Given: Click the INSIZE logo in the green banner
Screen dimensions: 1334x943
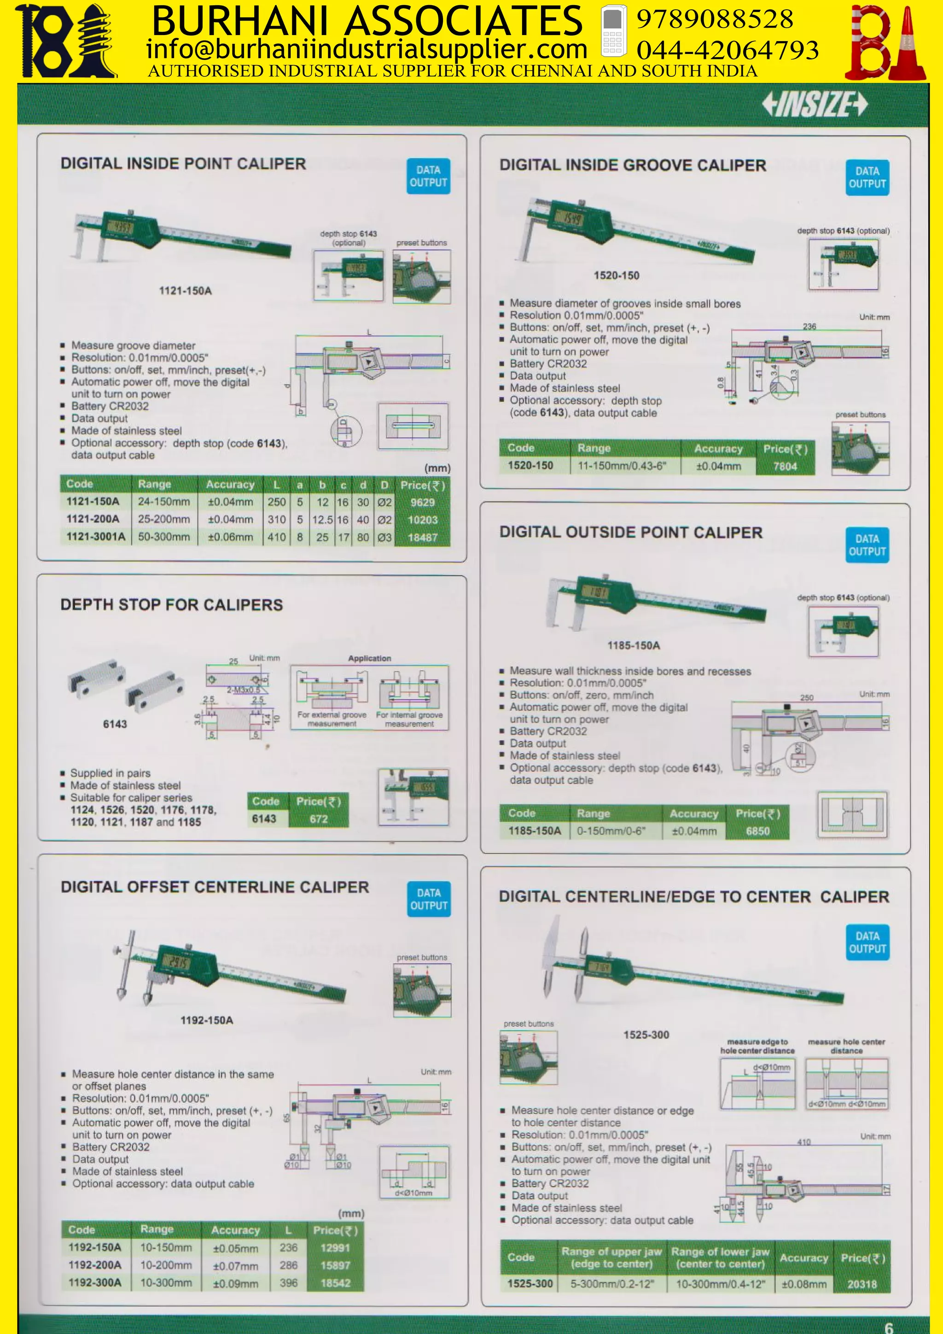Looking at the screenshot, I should point(814,105).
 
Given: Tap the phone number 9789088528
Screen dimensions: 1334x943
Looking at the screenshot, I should point(714,19).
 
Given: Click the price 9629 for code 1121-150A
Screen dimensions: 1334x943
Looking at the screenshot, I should point(422,503).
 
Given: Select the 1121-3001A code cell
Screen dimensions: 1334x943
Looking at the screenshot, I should point(96,537).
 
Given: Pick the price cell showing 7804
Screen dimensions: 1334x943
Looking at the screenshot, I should point(785,466).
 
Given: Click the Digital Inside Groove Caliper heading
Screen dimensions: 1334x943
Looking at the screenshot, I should point(632,165).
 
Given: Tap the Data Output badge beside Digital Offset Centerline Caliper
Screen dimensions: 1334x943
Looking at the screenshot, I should point(429,899).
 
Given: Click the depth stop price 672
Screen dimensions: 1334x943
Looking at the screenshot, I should point(318,819).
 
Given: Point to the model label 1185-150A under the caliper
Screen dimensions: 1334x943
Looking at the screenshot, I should point(634,645).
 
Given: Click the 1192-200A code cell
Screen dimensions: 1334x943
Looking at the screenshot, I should point(95,1265).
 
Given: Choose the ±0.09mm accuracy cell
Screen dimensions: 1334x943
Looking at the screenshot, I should point(235,1283).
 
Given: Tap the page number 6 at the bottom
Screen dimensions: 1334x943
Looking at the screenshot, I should point(888,1327).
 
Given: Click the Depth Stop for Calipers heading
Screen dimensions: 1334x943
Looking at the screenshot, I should point(171,605).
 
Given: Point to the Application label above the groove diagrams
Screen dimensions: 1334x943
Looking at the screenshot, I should point(369,658).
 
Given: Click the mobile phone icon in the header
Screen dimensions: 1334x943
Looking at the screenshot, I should point(613,31).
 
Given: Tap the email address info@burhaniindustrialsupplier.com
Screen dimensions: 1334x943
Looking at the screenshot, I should point(367,49).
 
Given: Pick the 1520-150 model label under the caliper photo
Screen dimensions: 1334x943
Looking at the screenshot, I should point(616,275).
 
